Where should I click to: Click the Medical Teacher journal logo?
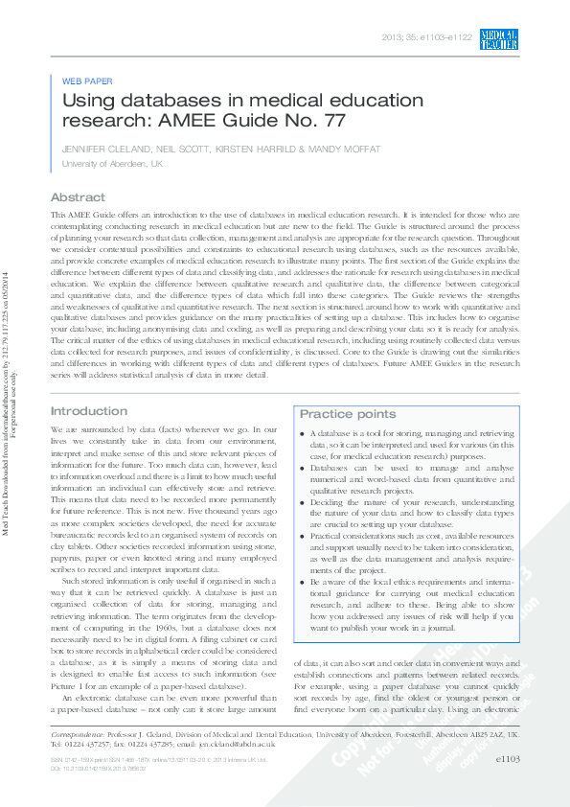499,38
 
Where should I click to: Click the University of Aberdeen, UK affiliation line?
112,164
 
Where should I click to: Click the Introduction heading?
89,411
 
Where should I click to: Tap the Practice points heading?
348,414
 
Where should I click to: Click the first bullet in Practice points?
303,434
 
